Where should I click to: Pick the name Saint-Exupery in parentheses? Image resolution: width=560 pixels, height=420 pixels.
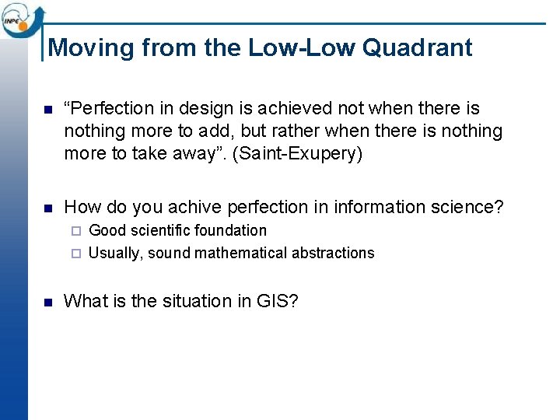click(303, 153)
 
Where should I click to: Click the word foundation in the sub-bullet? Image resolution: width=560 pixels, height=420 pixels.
click(230, 231)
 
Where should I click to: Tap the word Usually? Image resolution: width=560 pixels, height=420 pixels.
click(116, 253)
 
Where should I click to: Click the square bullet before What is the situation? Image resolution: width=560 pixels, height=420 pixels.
click(47, 302)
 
